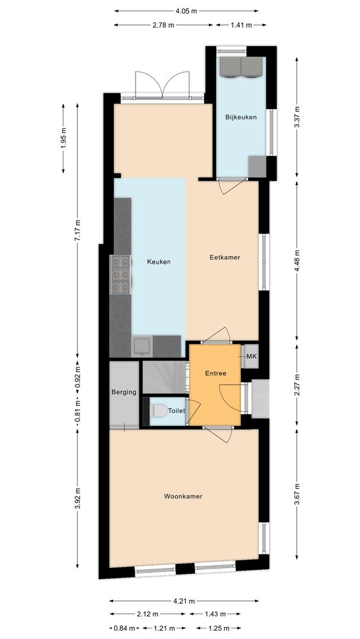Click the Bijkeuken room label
coord(241,117)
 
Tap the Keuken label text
coord(159,262)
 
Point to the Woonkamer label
coord(183,496)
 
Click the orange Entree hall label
coord(215,374)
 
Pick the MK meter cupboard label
coord(251,357)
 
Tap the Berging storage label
coord(124,392)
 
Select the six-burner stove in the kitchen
coord(121,274)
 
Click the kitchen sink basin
coord(142,344)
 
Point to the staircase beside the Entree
coord(165,376)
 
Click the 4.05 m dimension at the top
coord(187,11)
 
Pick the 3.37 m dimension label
coord(297,117)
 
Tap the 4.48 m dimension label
coord(297,261)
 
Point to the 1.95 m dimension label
coord(64,137)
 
